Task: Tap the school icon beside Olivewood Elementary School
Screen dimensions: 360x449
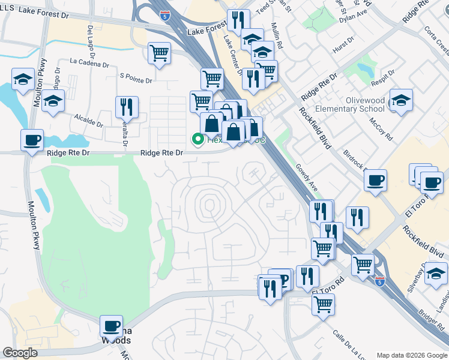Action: click(400, 100)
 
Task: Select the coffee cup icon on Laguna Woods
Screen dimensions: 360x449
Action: click(111, 326)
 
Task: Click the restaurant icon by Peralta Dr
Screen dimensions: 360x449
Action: click(127, 107)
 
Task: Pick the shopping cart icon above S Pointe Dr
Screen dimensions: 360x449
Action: click(159, 53)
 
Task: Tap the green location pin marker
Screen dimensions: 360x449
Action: click(197, 139)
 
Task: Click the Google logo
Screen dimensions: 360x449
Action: click(20, 353)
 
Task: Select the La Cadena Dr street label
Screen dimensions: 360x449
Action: click(89, 61)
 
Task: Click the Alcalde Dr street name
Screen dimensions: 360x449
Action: click(88, 119)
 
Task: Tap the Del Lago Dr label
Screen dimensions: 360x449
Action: click(91, 38)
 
